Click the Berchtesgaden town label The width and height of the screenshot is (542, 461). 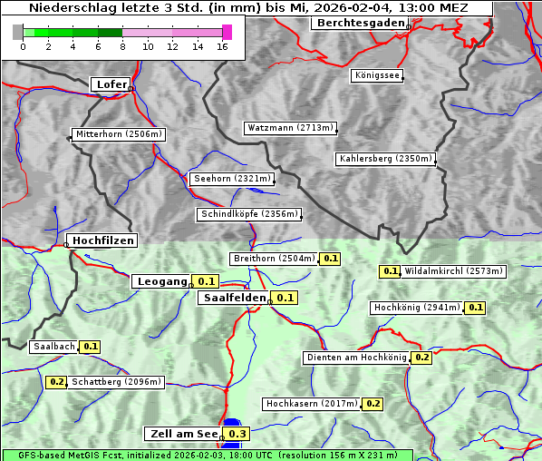point(359,23)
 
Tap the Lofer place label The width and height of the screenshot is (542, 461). point(111,84)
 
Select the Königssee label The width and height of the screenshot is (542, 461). point(376,75)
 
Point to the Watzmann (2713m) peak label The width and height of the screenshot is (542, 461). point(290,128)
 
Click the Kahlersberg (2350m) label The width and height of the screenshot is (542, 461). point(385,159)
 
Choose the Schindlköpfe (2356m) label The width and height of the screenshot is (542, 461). point(248,214)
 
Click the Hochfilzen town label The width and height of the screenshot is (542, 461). point(103,240)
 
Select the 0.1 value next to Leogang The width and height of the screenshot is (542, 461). point(207,281)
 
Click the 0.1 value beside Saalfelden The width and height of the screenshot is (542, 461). point(286,298)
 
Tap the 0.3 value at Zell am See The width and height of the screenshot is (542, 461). point(237,434)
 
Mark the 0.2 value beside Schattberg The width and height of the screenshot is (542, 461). point(56,382)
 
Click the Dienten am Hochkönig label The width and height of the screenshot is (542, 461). point(355,358)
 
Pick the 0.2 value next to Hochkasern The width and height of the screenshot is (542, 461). point(373,403)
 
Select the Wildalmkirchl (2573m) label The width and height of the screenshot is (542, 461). point(453,270)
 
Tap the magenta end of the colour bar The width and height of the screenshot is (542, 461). point(227,32)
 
